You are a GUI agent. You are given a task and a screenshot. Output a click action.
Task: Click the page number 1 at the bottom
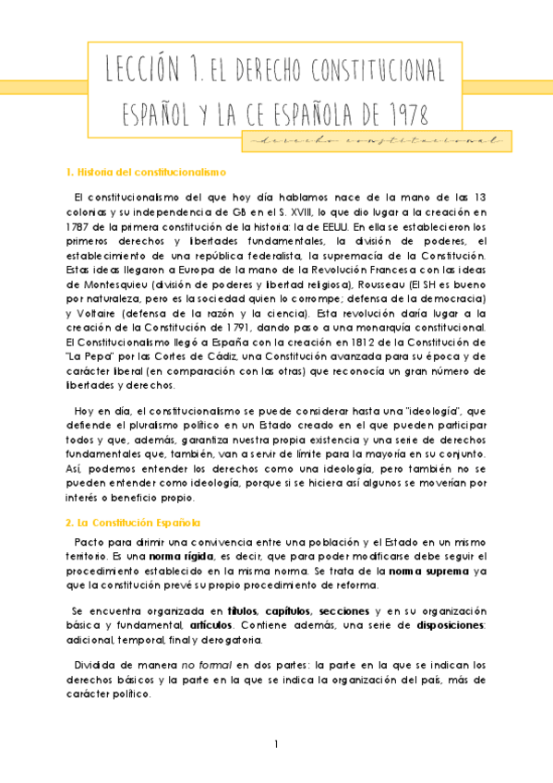(x=276, y=745)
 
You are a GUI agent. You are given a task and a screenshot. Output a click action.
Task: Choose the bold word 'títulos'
(x=241, y=612)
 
